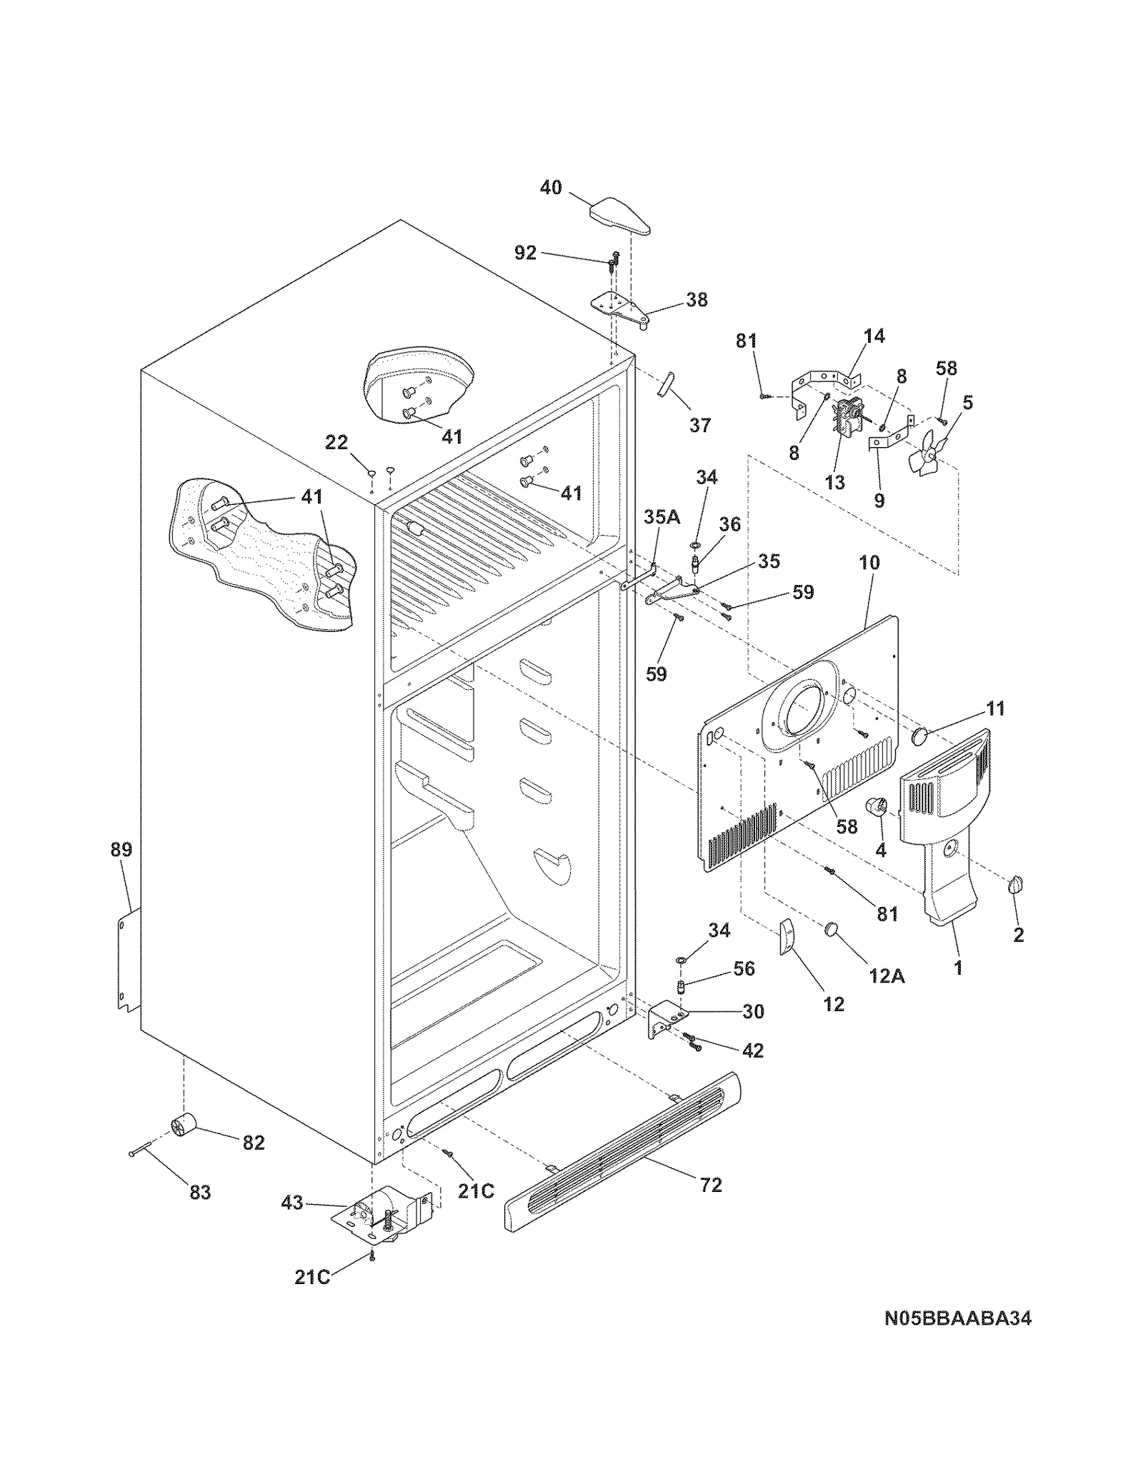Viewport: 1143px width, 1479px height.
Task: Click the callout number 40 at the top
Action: [x=551, y=188]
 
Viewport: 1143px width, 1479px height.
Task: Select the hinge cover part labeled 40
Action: [x=619, y=217]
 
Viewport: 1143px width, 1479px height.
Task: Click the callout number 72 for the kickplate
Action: [x=711, y=1185]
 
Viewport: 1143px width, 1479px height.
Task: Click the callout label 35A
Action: [x=662, y=516]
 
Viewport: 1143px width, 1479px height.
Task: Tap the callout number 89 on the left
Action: [x=121, y=850]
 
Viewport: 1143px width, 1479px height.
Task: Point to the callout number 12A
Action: [x=887, y=976]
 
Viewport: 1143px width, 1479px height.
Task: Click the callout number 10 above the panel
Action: [x=869, y=562]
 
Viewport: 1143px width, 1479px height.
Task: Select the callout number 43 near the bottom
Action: [x=292, y=1203]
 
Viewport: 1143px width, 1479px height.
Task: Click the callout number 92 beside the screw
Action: [x=525, y=253]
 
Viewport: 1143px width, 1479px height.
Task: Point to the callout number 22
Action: [x=336, y=443]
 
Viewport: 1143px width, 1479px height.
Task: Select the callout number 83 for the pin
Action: [x=200, y=1192]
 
